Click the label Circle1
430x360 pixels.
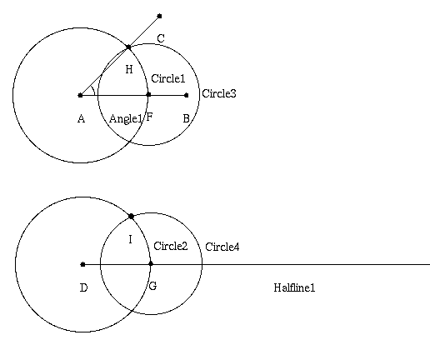click(168, 78)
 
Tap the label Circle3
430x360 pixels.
click(219, 93)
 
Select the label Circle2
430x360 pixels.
click(171, 246)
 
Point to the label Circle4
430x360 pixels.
click(222, 247)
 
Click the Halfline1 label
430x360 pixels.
click(294, 287)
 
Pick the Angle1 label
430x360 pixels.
click(126, 119)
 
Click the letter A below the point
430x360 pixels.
click(81, 119)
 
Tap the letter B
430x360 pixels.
click(187, 118)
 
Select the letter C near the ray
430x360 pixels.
click(161, 38)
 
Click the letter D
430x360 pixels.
click(83, 287)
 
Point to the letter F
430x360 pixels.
click(149, 117)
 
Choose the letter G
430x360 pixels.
click(152, 286)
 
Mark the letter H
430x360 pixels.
click(129, 69)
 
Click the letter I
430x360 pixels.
click(131, 239)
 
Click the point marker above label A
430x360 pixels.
click(80, 95)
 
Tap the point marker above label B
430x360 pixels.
click(187, 95)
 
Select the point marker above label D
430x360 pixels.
click(82, 264)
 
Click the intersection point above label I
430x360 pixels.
click(131, 216)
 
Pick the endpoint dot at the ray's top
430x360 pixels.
click(159, 16)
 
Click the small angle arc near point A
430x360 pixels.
click(93, 90)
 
